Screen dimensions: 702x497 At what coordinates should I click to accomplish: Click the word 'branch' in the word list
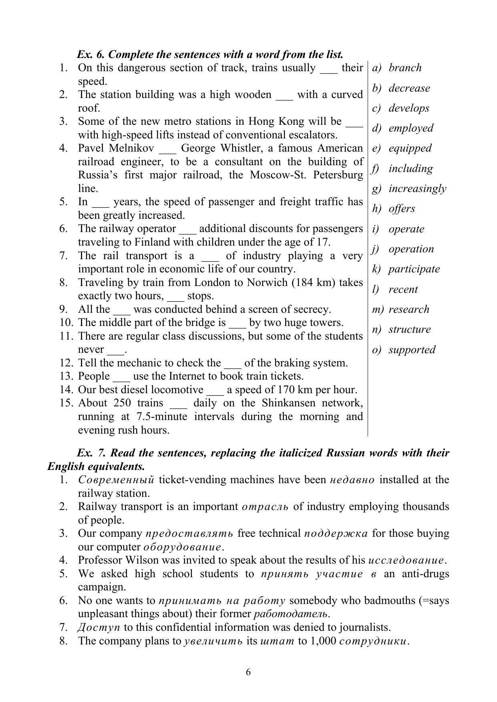coord(405,68)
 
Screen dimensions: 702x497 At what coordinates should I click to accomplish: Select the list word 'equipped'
coord(410,148)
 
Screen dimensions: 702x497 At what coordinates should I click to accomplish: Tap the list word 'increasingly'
coord(417,188)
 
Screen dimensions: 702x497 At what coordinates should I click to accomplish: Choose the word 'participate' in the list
coord(414,269)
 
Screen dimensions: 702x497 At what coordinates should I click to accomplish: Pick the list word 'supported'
coord(412,350)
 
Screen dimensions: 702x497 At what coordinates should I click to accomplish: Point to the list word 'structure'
coord(409,329)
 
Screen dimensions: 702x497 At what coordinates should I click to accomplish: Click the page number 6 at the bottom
coord(248,672)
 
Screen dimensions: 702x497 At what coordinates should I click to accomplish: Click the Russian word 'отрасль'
coord(265,507)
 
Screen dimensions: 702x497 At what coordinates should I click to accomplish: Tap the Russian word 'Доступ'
coord(93,627)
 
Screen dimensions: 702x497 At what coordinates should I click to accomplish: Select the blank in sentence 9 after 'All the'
coord(122,310)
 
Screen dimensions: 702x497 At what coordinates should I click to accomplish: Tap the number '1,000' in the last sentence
coord(322,641)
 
